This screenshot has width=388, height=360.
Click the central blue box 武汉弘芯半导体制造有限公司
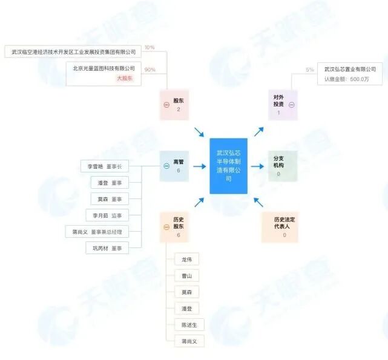pos(229,166)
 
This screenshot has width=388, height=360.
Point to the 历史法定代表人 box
pos(280,227)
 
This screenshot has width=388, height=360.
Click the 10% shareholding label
pos(150,47)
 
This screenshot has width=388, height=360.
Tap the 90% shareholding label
pos(150,70)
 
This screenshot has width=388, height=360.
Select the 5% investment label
pos(310,70)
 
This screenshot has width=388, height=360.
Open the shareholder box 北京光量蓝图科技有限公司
pos(104,68)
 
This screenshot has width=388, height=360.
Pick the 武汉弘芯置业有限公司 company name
pos(350,70)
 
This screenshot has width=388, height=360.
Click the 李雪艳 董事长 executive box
pos(104,166)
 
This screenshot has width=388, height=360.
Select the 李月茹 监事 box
pos(107,215)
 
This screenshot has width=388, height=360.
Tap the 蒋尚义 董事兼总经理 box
pos(96,232)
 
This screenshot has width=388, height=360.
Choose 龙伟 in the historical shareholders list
pos(186,260)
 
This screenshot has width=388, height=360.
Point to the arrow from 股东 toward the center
pos(199,132)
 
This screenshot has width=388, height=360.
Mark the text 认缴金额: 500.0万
pos(346,79)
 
